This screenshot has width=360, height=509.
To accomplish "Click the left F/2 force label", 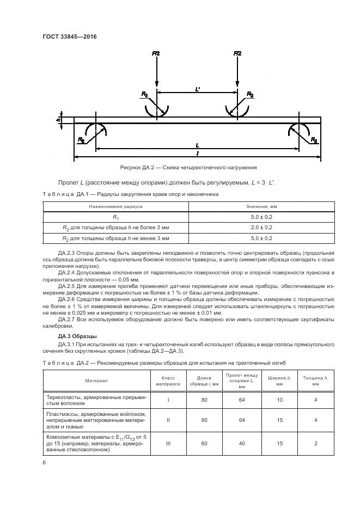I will tap(156, 53).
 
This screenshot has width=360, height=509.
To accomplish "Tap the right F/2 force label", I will tap(237, 53).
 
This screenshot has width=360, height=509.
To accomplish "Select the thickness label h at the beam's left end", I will tap(58, 120).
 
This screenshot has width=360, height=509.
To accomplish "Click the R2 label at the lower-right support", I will tap(314, 140).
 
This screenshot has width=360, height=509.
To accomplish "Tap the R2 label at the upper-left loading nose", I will tap(144, 95).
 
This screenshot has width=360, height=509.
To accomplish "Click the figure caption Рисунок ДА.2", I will tap(188, 168).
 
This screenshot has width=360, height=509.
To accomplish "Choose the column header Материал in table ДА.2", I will tap(96, 381).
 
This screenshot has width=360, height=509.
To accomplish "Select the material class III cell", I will tap(168, 443).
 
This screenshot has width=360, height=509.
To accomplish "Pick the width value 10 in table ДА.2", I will tap(280, 400).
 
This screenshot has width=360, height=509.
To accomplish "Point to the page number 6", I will tap(44, 462).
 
